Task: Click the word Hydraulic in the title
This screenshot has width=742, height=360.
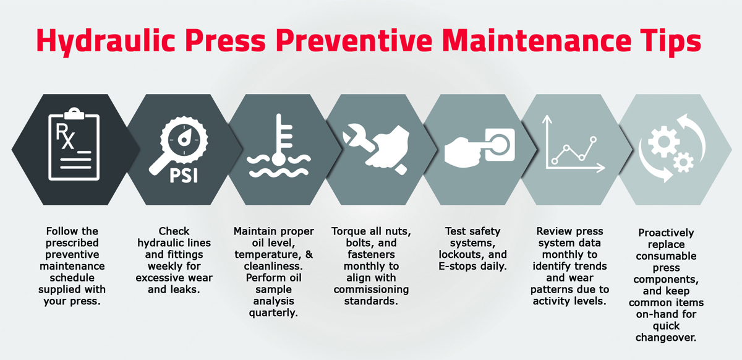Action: (105, 41)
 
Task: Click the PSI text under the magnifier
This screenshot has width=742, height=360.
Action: (184, 175)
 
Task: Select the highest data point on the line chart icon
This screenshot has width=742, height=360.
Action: (593, 140)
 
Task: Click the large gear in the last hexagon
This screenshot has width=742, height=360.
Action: (664, 142)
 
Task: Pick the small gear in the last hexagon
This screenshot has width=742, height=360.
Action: (683, 163)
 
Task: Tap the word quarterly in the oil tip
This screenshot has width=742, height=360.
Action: (273, 313)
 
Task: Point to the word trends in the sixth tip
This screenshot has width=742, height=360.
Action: (591, 266)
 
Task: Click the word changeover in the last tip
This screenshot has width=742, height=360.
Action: (666, 338)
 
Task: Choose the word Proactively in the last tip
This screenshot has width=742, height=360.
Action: (666, 233)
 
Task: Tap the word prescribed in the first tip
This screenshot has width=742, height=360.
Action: (72, 243)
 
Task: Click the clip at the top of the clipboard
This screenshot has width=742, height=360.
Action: (74, 113)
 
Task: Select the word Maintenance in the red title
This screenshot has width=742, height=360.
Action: (537, 41)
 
